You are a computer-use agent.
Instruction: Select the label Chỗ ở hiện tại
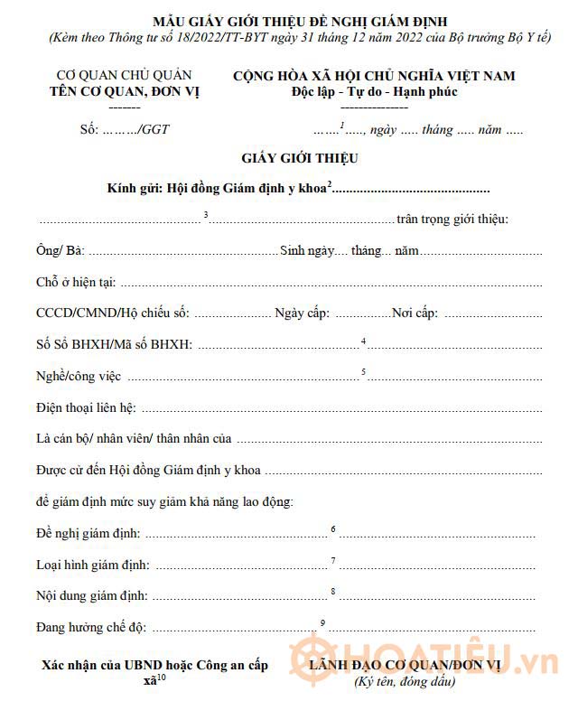coord(76,282)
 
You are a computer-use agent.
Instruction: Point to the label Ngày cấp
coord(303,313)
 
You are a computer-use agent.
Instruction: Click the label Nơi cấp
coord(415,313)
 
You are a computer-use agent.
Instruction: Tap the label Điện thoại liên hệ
coord(87,407)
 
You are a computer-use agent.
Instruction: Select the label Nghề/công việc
coord(79,376)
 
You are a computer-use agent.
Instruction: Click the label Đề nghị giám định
coord(89,533)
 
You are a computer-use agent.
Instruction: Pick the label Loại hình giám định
coord(93,565)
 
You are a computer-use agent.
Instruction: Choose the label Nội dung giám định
coord(92,595)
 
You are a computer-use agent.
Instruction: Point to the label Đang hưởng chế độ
coord(91,627)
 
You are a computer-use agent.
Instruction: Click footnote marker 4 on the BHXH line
coord(363,341)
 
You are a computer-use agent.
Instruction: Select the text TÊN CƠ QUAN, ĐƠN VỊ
coord(124,91)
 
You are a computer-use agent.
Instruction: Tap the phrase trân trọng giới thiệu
coord(452,220)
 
